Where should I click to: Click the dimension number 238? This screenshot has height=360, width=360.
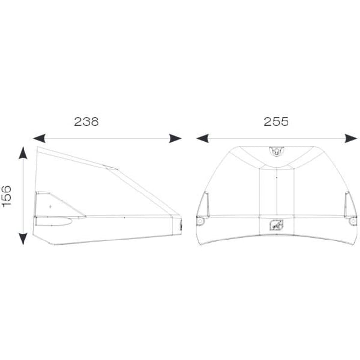[86, 121]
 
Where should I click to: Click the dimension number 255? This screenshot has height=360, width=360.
[276, 121]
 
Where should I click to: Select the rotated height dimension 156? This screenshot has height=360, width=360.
[7, 196]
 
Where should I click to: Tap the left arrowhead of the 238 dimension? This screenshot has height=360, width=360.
[39, 138]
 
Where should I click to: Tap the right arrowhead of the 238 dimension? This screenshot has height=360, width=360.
[175, 138]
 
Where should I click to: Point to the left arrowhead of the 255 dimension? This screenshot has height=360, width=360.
[202, 138]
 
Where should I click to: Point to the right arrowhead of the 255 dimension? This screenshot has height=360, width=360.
[351, 138]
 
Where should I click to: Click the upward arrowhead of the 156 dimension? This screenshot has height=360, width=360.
[23, 153]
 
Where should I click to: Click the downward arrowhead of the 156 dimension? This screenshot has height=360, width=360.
[23, 239]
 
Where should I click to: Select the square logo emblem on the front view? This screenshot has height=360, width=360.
[276, 225]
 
